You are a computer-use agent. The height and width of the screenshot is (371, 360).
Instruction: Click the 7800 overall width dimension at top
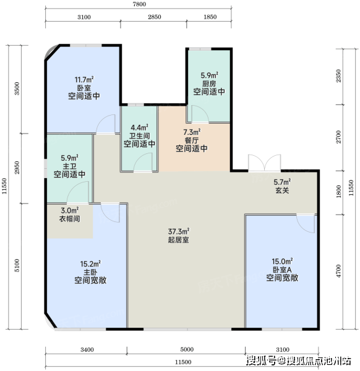click(139, 4)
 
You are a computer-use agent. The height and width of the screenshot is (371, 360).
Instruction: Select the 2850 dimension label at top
click(155, 17)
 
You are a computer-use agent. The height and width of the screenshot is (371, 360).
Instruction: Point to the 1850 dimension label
click(210, 17)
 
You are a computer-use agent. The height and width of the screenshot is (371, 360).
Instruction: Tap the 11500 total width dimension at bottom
click(183, 362)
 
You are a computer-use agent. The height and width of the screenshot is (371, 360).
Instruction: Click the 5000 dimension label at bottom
click(187, 349)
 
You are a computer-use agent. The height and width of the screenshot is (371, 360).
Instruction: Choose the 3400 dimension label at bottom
click(87, 349)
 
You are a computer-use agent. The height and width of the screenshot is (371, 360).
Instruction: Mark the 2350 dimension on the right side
click(339, 75)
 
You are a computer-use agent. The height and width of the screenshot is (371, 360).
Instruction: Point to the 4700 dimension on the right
click(339, 271)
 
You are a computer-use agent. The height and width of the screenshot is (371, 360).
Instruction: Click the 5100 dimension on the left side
click(17, 265)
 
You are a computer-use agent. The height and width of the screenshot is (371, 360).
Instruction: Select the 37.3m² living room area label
click(179, 231)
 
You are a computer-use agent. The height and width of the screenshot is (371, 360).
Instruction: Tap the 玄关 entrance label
click(282, 190)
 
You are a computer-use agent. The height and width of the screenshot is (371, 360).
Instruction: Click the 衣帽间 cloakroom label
click(69, 219)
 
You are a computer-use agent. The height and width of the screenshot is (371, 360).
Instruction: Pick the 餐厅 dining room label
click(192, 140)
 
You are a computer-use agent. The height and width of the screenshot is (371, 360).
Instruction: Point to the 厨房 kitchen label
click(209, 83)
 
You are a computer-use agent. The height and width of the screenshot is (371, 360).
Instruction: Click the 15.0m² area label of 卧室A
click(282, 262)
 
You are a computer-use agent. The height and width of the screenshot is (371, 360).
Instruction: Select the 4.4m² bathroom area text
click(139, 128)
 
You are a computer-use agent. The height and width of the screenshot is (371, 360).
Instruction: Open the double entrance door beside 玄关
click(264, 163)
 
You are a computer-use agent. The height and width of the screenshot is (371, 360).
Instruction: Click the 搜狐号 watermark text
click(261, 361)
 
